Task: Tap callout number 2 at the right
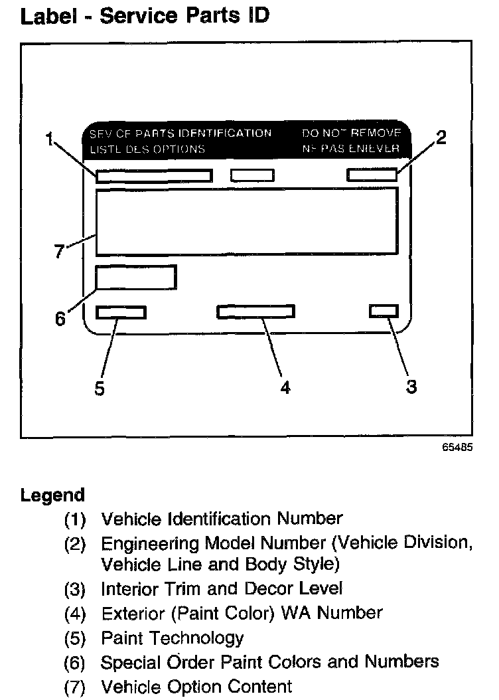tap(441, 137)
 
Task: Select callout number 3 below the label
tap(411, 387)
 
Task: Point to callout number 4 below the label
tap(285, 388)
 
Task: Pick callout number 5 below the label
tap(100, 389)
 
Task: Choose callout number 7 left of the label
tap(59, 252)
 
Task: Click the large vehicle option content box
tap(247, 221)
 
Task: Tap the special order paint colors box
tap(136, 277)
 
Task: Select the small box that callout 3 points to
tap(384, 311)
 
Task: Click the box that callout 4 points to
tap(256, 311)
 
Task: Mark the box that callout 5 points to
tap(121, 312)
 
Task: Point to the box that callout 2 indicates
tap(372, 175)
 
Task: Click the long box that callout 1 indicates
tap(154, 176)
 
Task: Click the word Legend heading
tap(52, 495)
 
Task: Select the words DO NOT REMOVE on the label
tap(351, 133)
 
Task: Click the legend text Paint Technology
tap(172, 638)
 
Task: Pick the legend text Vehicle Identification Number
tap(222, 518)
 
